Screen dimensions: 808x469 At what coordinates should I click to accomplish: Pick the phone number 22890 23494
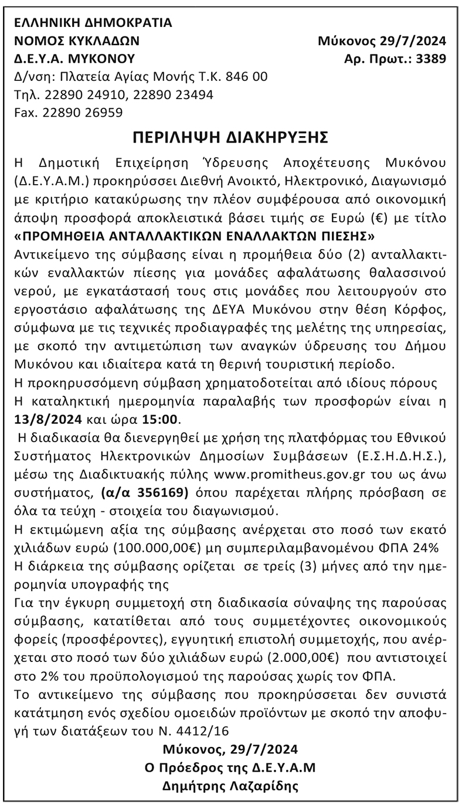click(174, 94)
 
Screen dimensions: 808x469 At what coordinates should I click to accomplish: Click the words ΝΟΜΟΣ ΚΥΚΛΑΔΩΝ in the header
click(77, 41)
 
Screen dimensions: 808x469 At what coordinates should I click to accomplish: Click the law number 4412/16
click(202, 731)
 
